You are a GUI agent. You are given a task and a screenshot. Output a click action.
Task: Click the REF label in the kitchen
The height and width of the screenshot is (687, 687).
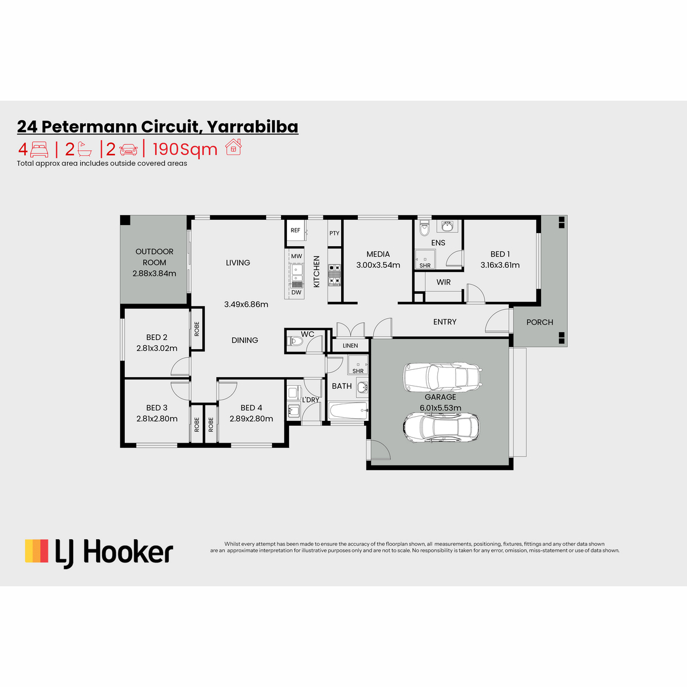[295, 230]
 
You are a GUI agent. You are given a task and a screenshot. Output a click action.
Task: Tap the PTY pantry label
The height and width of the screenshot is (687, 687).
[334, 233]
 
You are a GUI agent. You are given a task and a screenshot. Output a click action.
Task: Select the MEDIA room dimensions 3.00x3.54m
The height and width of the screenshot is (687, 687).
[378, 265]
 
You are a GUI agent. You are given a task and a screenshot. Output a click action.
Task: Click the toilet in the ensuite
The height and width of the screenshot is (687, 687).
[424, 228]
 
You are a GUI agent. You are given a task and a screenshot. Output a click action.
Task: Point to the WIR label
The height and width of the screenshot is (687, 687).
[443, 282]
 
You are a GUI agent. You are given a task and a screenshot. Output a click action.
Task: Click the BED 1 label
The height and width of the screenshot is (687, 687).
[500, 254]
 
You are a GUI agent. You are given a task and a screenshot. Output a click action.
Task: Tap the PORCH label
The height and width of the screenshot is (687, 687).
[539, 322]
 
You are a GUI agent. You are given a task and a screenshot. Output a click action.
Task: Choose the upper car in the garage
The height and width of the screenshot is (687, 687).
[443, 377]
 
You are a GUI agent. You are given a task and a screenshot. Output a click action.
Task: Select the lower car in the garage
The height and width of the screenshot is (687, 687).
[441, 428]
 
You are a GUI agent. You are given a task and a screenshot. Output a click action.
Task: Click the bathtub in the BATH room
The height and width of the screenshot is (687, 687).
[348, 411]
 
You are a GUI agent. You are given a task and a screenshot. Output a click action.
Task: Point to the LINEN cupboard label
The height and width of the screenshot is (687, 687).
[350, 345]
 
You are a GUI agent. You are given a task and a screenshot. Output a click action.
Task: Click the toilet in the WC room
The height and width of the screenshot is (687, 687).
[294, 341]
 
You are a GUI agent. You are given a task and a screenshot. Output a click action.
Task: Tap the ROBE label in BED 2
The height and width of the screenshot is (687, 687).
[197, 329]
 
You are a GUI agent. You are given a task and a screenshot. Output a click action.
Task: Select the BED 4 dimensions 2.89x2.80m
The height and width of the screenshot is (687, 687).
[251, 419]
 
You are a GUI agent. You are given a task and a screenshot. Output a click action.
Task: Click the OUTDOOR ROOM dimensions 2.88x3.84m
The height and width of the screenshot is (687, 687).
[154, 274]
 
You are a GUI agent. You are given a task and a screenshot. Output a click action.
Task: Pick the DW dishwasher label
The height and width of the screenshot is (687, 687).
[296, 293]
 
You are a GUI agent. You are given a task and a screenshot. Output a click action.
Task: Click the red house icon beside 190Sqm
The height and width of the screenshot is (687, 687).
[234, 147]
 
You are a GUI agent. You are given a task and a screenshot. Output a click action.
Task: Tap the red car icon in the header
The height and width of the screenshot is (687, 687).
[128, 150]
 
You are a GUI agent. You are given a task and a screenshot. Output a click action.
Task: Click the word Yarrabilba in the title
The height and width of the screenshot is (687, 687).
[252, 127]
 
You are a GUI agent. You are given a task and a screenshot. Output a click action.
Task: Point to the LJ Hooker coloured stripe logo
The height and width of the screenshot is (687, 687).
[37, 551]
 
